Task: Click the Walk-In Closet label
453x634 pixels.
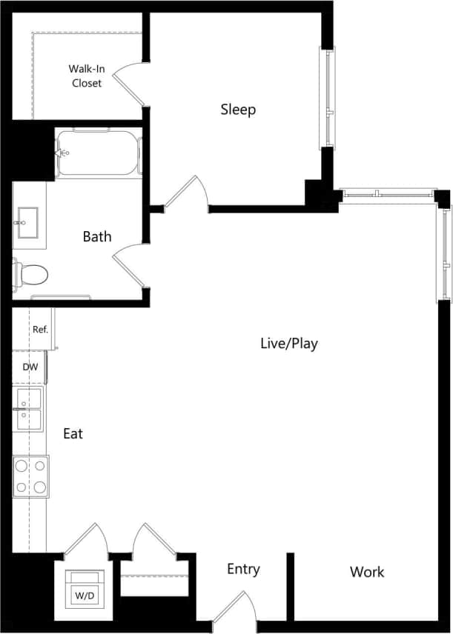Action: tap(87, 76)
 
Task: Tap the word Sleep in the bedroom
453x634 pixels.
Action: tap(238, 110)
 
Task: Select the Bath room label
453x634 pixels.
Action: tap(97, 236)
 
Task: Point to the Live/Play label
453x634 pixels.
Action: tap(289, 344)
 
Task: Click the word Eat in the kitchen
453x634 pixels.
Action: tap(73, 434)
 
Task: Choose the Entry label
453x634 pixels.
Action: tap(243, 569)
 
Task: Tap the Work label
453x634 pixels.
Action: tap(367, 572)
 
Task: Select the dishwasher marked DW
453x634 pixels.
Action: tap(30, 367)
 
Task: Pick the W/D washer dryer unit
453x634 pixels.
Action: tap(85, 588)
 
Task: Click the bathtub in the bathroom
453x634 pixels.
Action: tap(99, 153)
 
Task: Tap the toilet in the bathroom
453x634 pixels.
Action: tap(31, 275)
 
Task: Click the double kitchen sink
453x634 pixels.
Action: tap(30, 408)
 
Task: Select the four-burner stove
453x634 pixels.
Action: tap(30, 476)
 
